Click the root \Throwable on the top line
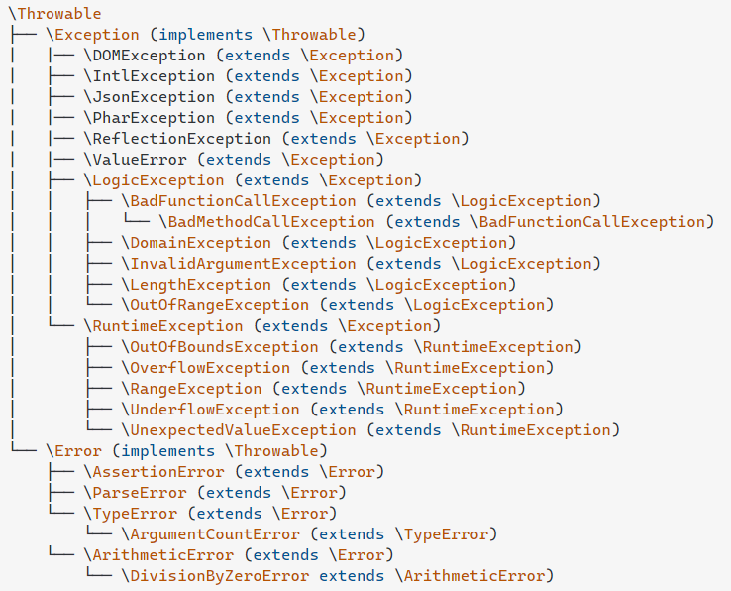(54, 14)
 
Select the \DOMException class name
(145, 56)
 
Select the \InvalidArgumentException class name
(239, 264)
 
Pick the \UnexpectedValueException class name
(239, 430)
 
